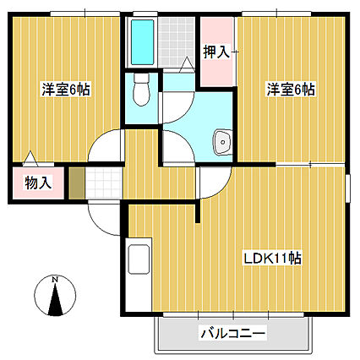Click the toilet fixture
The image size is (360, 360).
141,90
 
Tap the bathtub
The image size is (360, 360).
143,42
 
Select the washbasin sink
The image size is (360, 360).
222,142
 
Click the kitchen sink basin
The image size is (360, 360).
139,259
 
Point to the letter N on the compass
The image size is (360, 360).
55,280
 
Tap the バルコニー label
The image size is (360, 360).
233,334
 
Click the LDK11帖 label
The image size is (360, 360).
272,259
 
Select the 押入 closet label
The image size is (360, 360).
216,52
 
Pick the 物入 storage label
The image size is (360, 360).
38,183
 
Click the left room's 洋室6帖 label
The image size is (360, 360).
66,90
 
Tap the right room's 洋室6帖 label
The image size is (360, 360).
291,90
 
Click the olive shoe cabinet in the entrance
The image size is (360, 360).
77,183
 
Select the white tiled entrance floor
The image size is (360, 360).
104,183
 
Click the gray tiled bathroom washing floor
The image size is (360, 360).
177,42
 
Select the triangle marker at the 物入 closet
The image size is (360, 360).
30,159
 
